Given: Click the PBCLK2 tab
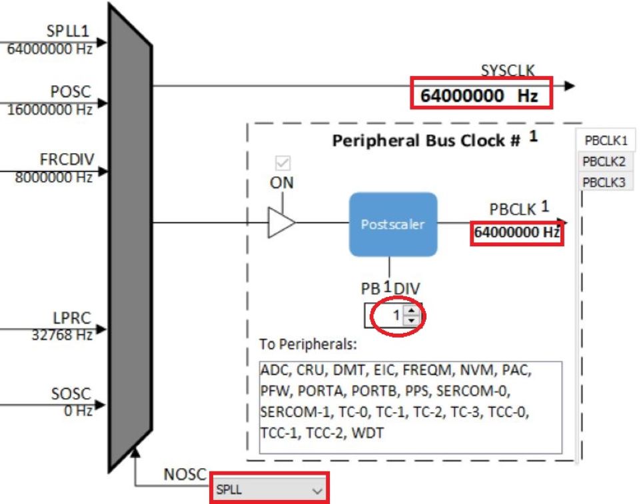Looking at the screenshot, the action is (604, 161).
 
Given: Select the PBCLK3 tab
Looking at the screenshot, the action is (604, 182).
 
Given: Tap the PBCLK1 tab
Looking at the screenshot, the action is (606, 140).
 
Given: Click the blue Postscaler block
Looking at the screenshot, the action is (393, 224).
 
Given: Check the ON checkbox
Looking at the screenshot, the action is (283, 162).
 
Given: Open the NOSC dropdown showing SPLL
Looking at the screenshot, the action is (269, 489).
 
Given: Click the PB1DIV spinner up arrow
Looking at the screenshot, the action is (411, 310).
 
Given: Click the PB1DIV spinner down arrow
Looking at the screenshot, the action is (411, 320).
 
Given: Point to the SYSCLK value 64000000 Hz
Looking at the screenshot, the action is (478, 95).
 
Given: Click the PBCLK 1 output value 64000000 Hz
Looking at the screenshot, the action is (516, 232).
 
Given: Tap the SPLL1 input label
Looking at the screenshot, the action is (68, 31).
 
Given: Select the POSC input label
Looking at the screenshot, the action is (71, 91).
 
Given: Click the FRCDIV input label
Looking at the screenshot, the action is (67, 159).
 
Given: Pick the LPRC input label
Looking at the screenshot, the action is (72, 318).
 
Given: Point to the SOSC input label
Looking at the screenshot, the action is (71, 393).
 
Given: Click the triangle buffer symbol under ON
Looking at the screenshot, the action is (281, 222).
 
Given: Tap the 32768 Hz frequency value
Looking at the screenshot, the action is (62, 335).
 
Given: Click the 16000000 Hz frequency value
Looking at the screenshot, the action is (49, 109).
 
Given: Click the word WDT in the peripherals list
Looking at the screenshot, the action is (367, 433).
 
